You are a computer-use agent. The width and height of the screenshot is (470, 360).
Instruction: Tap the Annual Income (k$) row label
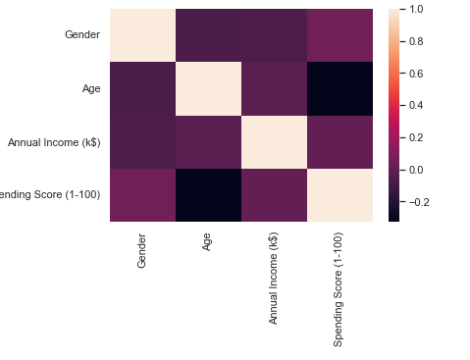tap(53, 142)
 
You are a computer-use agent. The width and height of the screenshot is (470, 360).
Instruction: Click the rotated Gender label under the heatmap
tap(142, 249)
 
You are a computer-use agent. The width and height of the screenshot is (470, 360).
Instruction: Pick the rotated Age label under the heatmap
tap(208, 240)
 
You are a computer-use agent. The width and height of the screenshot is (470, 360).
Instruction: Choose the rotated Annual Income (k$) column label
tap(274, 277)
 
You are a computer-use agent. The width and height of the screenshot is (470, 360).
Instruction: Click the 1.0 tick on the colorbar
tap(416, 10)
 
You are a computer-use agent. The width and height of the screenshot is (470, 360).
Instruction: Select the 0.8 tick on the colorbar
tap(416, 42)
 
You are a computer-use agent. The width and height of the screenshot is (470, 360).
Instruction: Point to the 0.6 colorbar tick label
tap(416, 74)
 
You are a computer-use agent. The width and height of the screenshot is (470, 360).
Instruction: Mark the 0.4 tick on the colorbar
tap(416, 106)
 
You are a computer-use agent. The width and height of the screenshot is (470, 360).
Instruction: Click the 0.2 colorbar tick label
tap(416, 137)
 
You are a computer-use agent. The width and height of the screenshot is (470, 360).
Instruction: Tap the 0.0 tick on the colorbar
tap(416, 170)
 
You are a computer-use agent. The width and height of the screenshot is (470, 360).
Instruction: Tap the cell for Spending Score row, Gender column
tap(142, 195)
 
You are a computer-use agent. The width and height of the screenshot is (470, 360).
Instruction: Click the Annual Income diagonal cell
tap(274, 142)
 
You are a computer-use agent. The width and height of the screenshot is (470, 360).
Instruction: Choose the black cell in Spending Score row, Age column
tap(208, 195)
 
